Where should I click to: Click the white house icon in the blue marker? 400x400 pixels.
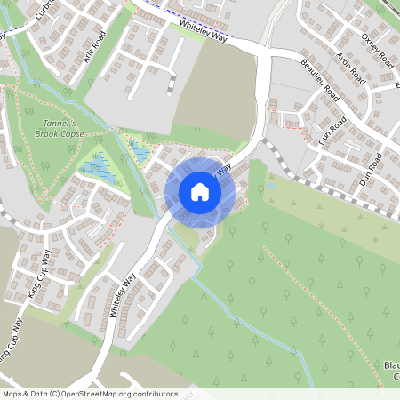[x=200, y=191]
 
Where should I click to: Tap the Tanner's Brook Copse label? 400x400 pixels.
[x=61, y=128]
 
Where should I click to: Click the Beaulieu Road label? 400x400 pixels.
[x=320, y=80]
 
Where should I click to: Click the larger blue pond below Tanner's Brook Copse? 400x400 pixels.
[x=98, y=167]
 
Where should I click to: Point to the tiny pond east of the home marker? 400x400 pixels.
[x=270, y=188]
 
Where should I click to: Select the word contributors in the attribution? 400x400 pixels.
[x=155, y=394]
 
